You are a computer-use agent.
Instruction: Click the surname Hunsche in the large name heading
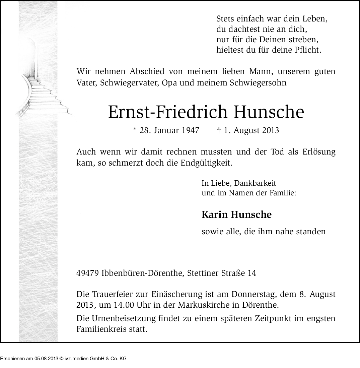point(269,112)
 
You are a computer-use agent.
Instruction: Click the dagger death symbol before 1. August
point(219,130)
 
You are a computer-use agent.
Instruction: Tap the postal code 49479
point(87,273)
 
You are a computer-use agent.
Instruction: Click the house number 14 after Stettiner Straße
point(251,273)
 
